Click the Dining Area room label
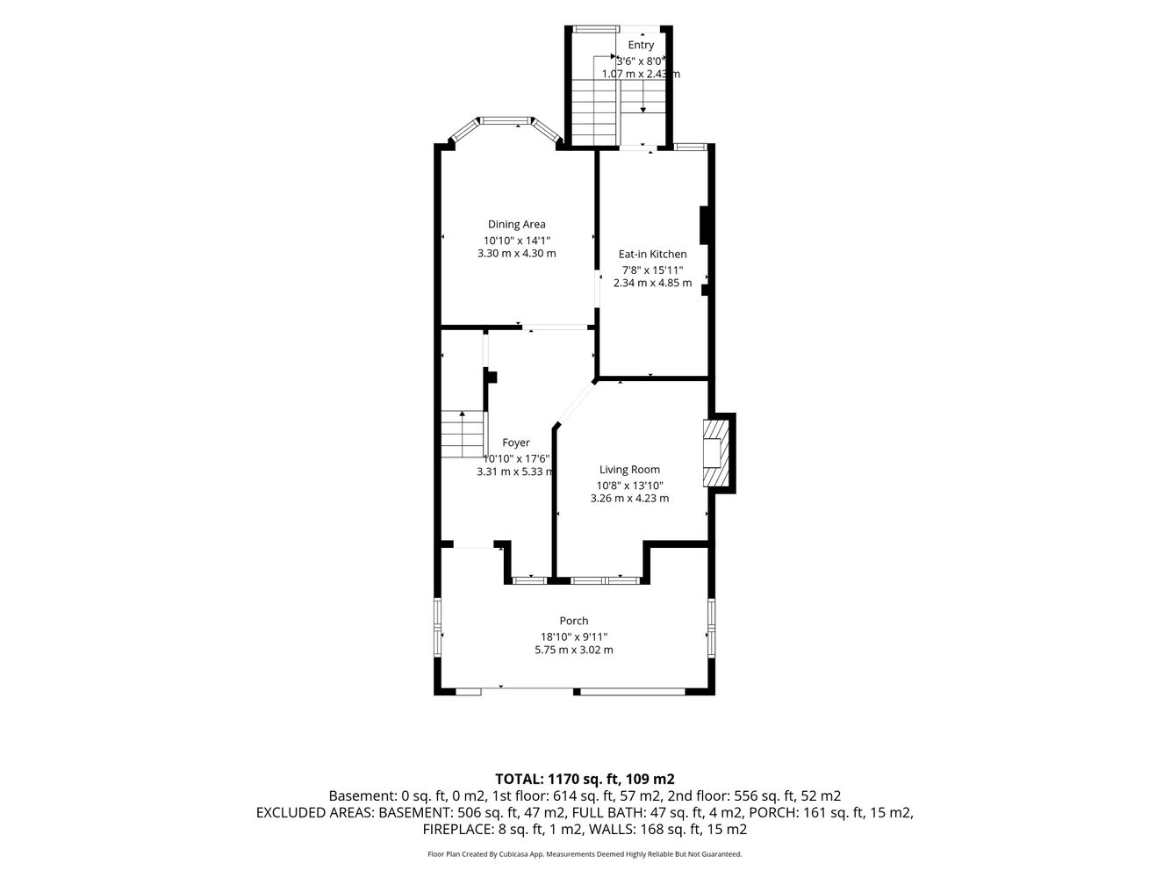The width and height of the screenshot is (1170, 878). click(x=516, y=225)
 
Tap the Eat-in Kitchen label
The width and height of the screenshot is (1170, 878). click(x=652, y=255)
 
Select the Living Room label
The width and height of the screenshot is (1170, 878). click(x=629, y=470)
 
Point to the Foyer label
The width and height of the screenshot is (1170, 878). click(x=515, y=443)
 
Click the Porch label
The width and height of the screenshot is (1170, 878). click(x=573, y=621)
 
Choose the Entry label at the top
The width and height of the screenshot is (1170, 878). click(x=640, y=45)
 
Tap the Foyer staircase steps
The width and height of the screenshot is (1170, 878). click(x=463, y=434)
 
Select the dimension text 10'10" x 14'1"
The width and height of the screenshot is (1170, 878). click(x=516, y=241)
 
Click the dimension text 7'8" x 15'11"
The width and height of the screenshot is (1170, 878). click(x=652, y=270)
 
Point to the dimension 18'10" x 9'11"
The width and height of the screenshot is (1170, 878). click(x=573, y=637)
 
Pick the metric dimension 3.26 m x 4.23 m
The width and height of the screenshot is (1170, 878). click(x=629, y=499)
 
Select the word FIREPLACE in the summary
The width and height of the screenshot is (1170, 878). click(x=455, y=829)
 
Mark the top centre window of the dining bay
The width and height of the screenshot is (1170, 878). click(x=506, y=120)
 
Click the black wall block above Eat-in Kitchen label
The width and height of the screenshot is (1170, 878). click(x=704, y=225)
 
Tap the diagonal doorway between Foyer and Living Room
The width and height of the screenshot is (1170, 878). click(x=576, y=403)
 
